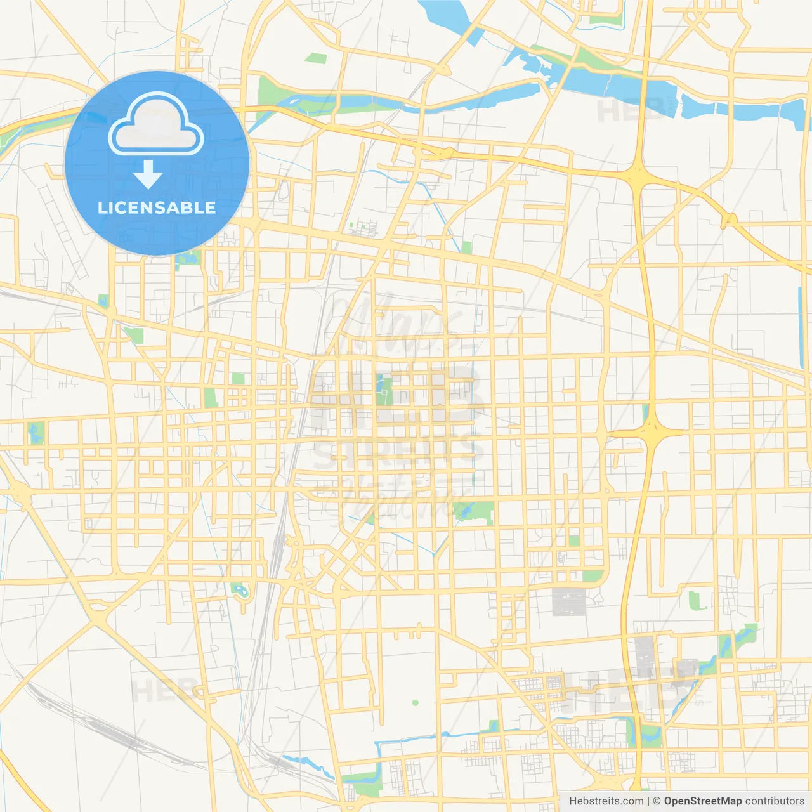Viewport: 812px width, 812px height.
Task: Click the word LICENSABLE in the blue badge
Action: click(157, 207)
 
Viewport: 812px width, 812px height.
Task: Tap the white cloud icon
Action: click(156, 124)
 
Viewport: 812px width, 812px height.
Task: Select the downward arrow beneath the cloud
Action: click(148, 174)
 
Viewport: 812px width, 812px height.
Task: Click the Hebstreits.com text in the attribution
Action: click(606, 801)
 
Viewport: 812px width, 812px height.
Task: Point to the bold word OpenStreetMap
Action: click(703, 801)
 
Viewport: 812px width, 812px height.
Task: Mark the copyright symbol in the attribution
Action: click(657, 801)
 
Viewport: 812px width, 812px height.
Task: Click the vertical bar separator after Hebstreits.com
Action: click(648, 801)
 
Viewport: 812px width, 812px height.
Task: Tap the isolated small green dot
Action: click(416, 703)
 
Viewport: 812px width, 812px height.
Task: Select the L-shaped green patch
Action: click(696, 600)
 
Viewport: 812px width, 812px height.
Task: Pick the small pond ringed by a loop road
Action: click(240, 591)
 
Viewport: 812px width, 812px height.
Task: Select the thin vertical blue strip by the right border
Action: click(800, 311)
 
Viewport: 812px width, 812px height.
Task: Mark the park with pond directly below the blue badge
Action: click(187, 259)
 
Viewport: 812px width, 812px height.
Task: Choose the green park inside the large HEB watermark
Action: click(383, 390)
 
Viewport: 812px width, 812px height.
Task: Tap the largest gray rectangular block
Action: click(568, 602)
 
